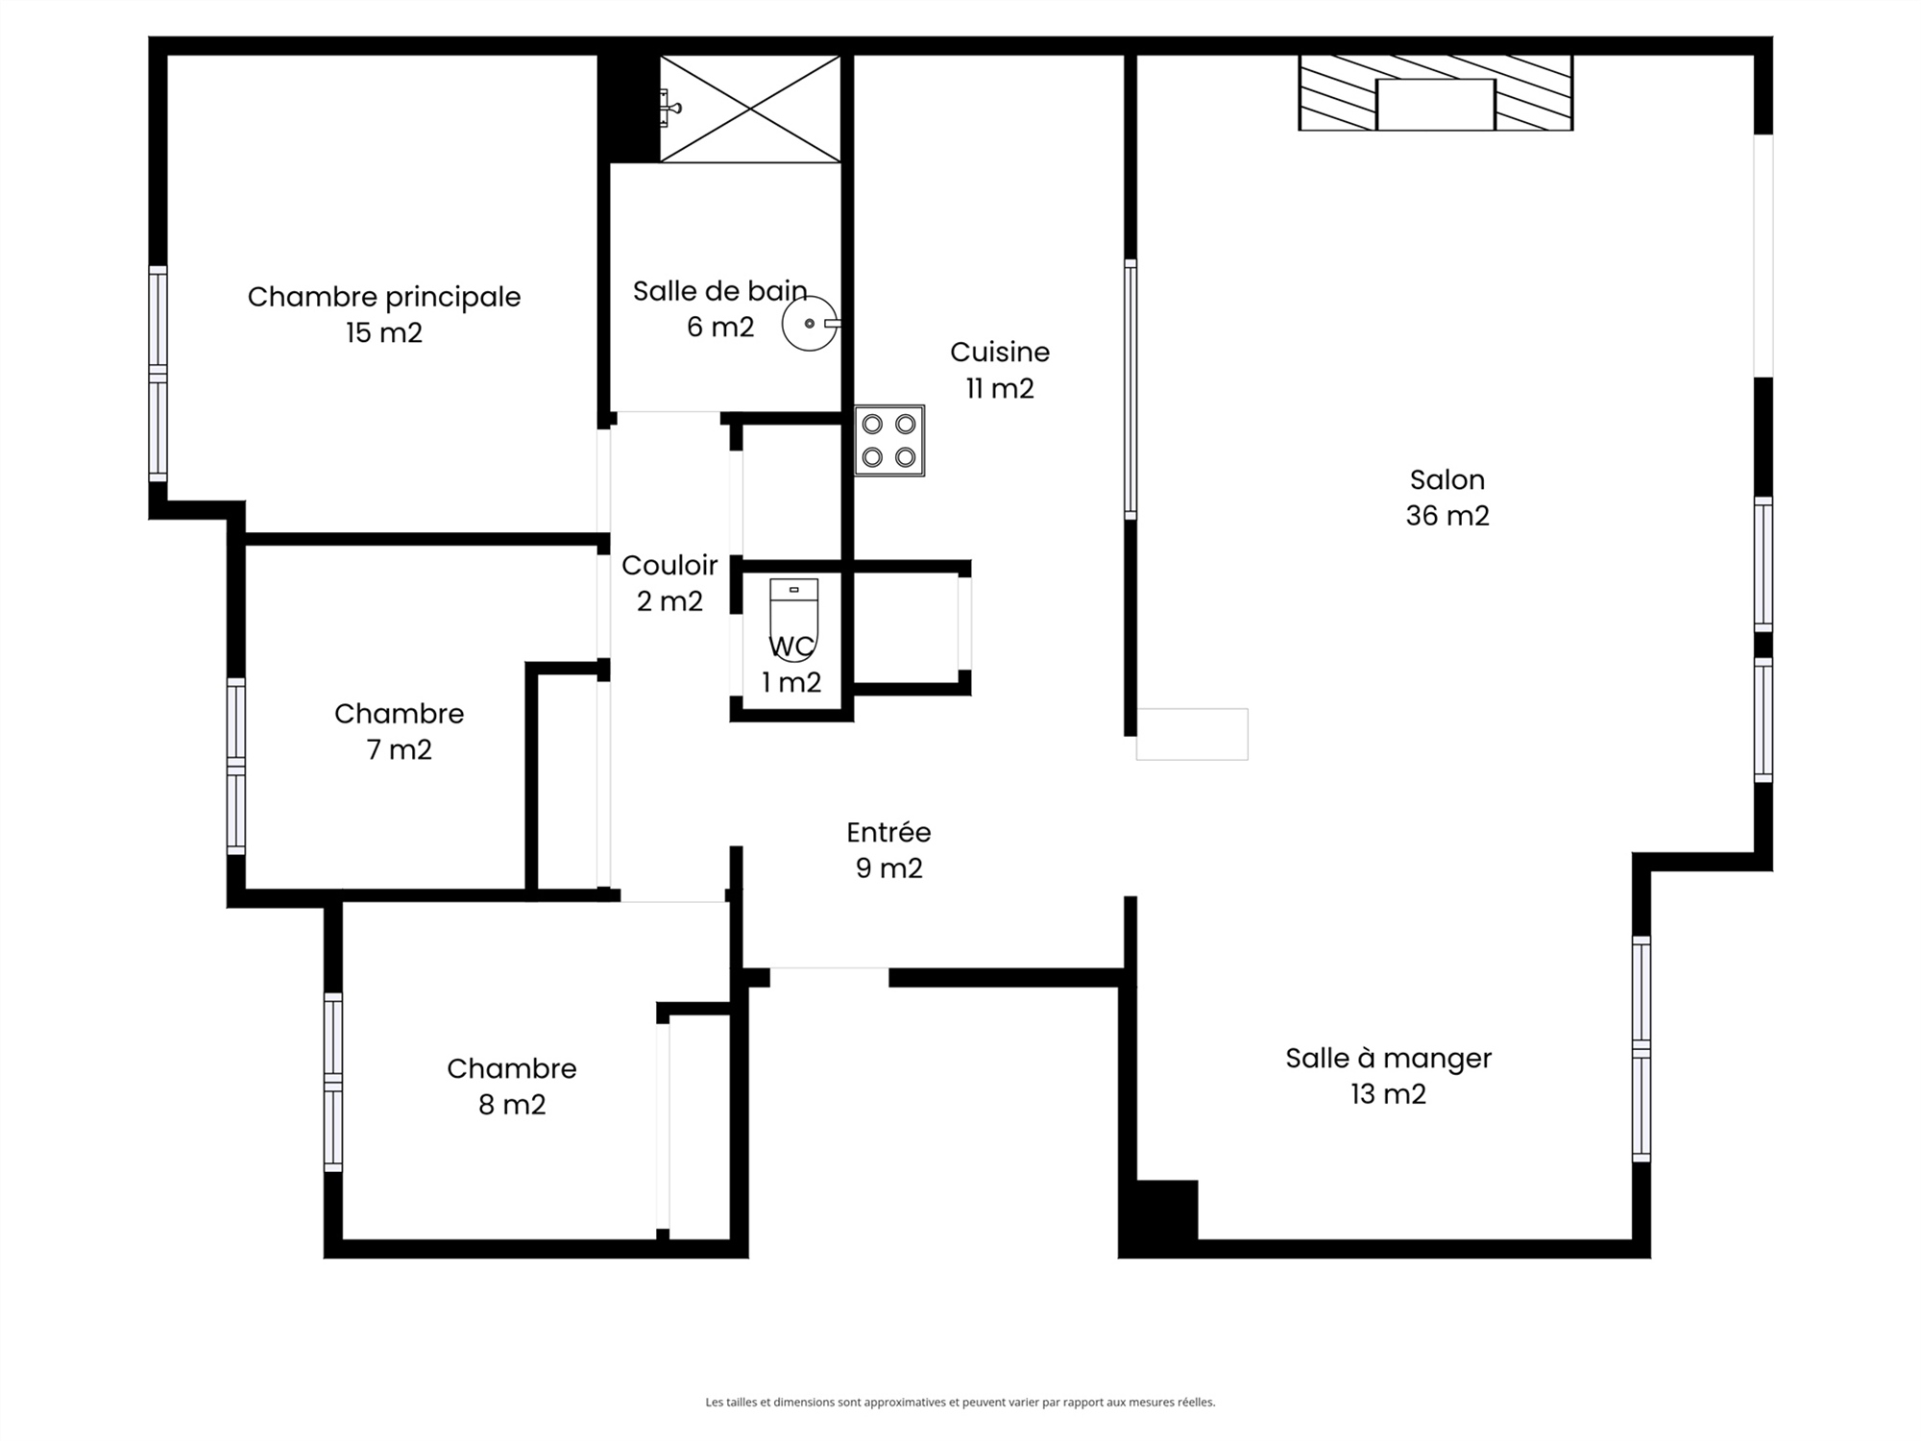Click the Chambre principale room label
pos(384,297)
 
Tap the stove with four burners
pos(889,441)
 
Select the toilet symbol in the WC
pos(794,619)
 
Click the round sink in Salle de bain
pos(810,324)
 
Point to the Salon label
pos(1447,479)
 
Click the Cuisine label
pos(1000,352)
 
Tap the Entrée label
pos(888,832)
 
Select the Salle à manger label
pos(1389,1059)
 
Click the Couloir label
pos(669,565)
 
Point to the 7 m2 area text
pos(400,749)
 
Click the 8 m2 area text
pos(512,1105)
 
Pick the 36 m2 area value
pos(1447,516)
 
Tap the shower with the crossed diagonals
pos(750,109)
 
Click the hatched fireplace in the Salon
pos(1436,92)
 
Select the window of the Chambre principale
pos(158,374)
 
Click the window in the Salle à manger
pos(1641,1049)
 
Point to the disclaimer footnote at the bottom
pos(960,1403)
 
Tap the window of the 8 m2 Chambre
pos(333,1082)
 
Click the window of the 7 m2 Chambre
pos(236,766)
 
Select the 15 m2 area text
pos(384,332)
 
